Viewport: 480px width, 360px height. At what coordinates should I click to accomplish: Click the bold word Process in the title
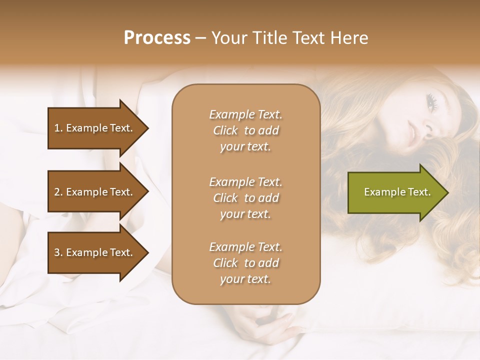157,38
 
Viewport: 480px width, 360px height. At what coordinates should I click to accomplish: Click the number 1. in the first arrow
58,128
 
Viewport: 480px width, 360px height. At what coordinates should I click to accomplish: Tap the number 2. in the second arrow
58,192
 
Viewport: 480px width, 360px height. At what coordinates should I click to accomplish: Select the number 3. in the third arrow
58,252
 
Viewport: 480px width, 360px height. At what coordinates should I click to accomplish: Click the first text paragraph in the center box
245,130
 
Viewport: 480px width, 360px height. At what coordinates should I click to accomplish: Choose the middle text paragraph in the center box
245,197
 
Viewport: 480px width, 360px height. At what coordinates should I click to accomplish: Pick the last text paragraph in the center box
245,263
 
